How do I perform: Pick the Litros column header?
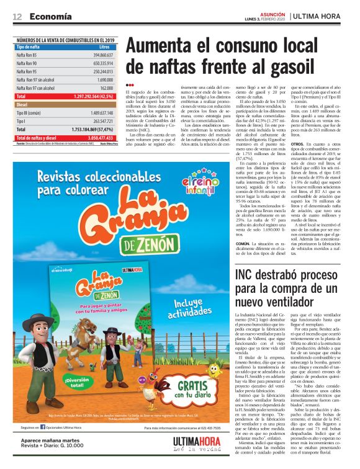104,47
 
